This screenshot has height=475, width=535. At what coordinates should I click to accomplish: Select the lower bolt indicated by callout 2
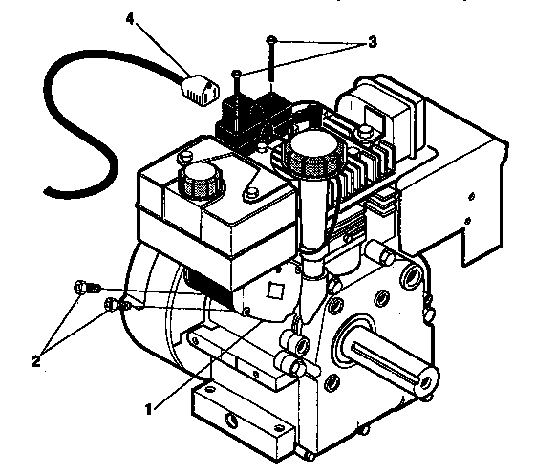(x=111, y=306)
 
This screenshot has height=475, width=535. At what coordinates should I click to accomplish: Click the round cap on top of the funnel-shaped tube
(x=315, y=152)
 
